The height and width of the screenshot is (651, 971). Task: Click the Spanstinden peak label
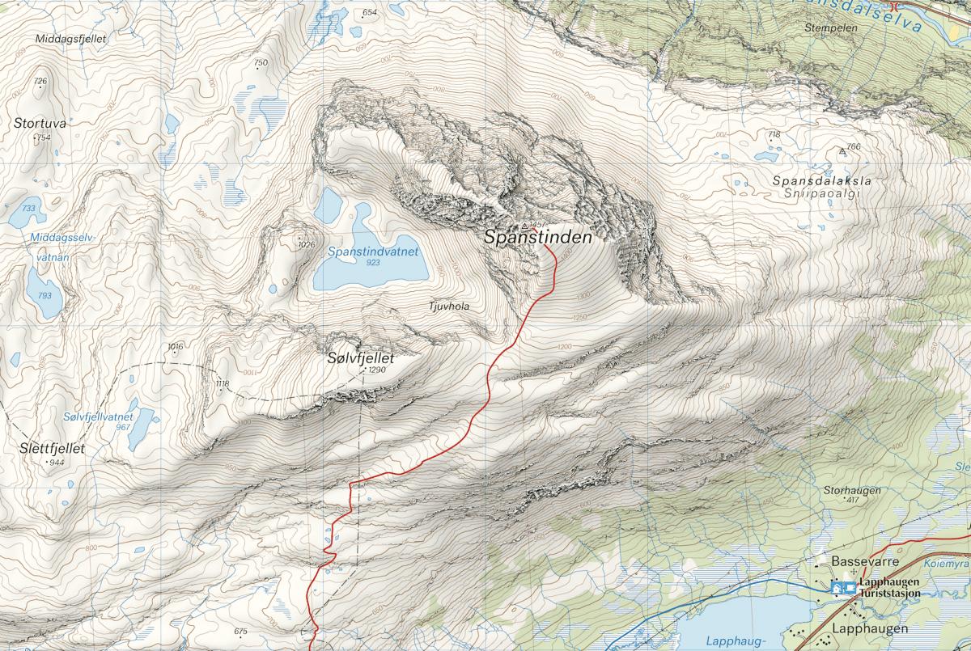tap(538, 239)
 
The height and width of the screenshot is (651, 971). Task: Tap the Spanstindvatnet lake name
tap(373, 252)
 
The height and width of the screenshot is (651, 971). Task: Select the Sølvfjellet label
tap(360, 357)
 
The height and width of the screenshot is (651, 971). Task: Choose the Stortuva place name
tap(40, 124)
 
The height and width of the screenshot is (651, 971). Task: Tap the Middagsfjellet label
tap(71, 38)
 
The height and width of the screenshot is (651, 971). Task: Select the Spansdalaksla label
tap(821, 181)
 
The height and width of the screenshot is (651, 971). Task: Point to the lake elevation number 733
tap(29, 209)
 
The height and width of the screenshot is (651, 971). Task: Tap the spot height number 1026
tap(306, 244)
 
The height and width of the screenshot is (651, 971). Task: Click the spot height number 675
tap(240, 632)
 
